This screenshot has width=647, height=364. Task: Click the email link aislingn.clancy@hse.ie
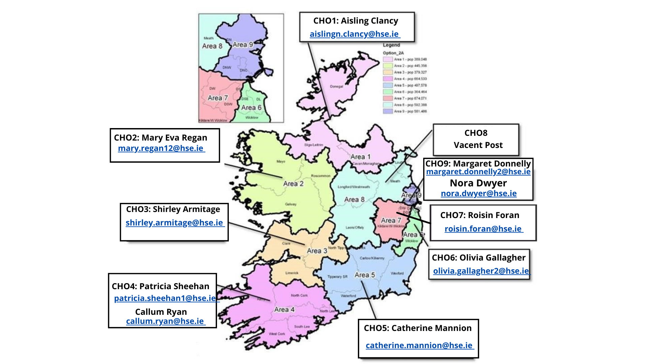354,34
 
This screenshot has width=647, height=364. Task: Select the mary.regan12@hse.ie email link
160,148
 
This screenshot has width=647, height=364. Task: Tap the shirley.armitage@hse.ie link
174,223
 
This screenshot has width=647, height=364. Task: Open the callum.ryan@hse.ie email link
165,321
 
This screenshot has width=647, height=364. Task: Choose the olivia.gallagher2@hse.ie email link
481,271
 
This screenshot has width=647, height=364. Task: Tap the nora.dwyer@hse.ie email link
479,193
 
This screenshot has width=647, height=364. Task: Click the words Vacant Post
478,145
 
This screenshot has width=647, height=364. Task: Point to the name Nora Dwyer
478,183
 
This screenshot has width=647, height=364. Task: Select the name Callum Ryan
161,312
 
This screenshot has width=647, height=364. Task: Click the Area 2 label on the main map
293,184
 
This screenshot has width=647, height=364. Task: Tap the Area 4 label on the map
284,309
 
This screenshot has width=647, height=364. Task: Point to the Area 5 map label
365,275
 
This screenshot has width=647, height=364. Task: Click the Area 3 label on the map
317,251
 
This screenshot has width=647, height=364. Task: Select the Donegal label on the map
336,87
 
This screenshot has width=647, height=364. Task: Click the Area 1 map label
360,157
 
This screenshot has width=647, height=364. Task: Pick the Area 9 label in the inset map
243,44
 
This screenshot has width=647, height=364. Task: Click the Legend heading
391,45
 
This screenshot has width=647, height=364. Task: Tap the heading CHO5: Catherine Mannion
418,328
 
